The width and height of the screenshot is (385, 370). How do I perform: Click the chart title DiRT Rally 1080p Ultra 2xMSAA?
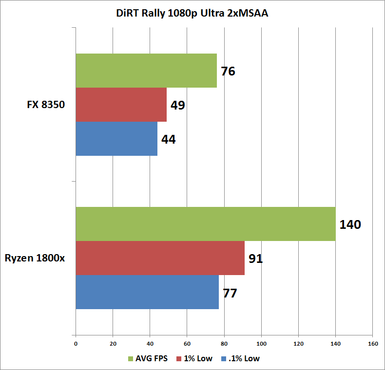(192, 14)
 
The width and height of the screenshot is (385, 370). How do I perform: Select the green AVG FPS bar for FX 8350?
(146, 71)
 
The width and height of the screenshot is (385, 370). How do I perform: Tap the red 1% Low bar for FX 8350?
(121, 105)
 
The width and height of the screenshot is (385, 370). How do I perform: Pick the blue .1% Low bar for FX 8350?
(116, 139)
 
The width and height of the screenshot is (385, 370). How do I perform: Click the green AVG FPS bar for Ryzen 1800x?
(206, 224)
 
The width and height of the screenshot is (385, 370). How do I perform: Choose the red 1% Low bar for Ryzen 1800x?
(160, 258)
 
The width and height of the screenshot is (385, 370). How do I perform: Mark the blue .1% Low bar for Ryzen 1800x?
(147, 292)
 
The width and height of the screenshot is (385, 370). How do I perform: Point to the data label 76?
(228, 71)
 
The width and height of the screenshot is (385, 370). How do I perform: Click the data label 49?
(178, 105)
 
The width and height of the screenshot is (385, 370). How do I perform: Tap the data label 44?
(169, 139)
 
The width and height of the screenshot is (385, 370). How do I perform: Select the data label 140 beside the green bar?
(350, 224)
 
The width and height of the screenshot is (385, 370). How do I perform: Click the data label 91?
(255, 259)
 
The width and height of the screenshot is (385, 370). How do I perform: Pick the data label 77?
(230, 293)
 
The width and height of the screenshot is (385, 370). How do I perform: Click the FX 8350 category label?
(46, 105)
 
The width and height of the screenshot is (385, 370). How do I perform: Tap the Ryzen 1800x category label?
(35, 259)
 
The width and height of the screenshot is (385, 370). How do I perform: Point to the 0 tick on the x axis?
(76, 344)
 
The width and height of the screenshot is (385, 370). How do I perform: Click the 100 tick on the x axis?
(262, 344)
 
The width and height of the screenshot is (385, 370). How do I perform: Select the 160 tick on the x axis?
(373, 344)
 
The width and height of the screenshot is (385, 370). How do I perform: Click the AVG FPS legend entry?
(148, 358)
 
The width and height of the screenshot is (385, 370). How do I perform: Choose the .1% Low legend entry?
(240, 358)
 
